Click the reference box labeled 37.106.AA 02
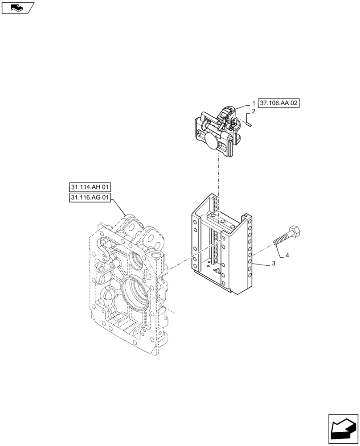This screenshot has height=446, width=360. click(x=279, y=103)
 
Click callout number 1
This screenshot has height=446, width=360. click(x=253, y=103)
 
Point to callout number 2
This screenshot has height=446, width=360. click(x=253, y=111)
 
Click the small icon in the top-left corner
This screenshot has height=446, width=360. click(x=17, y=8)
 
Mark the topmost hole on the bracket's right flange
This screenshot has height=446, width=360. click(x=250, y=220)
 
